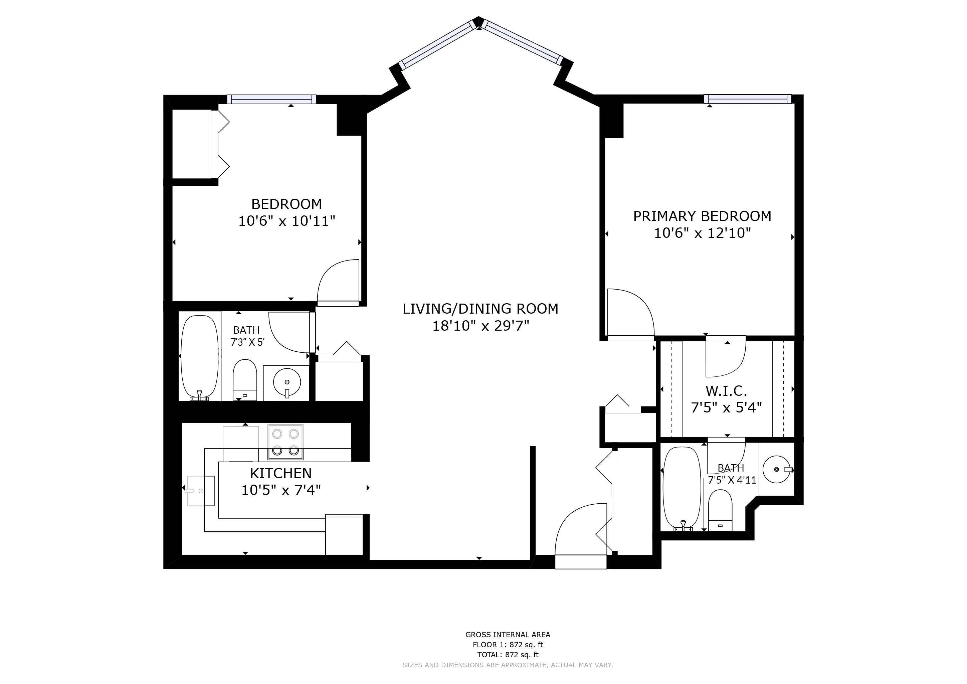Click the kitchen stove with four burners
(285, 442)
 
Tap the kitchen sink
(201, 491)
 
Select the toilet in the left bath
(245, 380)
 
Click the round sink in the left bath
(287, 382)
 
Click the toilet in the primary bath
(721, 510)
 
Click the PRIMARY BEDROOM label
(702, 216)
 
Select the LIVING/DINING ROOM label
(480, 309)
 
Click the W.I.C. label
(727, 391)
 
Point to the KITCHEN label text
(281, 473)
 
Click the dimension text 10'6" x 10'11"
(287, 221)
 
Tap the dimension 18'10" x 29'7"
(480, 326)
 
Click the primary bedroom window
(748, 99)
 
